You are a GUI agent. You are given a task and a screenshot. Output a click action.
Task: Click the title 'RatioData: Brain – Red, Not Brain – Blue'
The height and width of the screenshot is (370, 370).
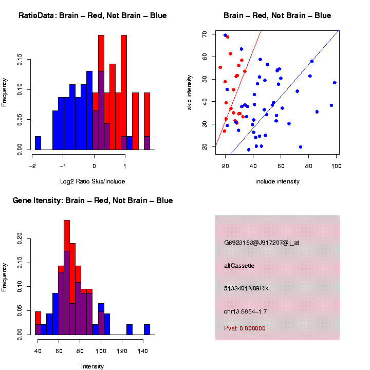click(x=92, y=16)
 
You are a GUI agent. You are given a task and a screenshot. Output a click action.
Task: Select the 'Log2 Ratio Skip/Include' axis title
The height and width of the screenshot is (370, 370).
click(x=92, y=181)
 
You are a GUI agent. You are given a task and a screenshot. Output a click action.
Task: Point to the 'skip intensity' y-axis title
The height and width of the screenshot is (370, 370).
click(x=190, y=92)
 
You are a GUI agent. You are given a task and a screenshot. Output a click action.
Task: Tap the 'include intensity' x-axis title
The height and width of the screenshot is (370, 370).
click(x=277, y=181)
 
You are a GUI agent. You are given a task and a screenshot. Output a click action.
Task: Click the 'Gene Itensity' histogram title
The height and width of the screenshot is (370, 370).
click(x=92, y=200)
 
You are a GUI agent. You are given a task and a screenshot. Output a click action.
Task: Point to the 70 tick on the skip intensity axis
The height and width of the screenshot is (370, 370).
click(x=204, y=34)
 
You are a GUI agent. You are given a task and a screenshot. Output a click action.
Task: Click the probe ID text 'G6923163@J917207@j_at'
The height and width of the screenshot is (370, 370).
click(x=262, y=243)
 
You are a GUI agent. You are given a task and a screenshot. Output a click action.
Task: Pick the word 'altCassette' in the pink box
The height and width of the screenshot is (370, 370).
click(x=239, y=266)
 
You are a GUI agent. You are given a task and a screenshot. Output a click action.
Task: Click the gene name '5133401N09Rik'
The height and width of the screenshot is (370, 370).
click(x=246, y=288)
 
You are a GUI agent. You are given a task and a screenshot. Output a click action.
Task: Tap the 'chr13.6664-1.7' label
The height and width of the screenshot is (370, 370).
click(x=245, y=311)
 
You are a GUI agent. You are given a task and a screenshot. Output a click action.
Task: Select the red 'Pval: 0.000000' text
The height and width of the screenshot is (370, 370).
click(x=245, y=328)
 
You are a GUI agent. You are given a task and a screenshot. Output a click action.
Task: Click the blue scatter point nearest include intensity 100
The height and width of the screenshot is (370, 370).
click(x=335, y=83)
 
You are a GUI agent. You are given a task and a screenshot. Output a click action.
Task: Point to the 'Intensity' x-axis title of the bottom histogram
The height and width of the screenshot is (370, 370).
click(x=92, y=366)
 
